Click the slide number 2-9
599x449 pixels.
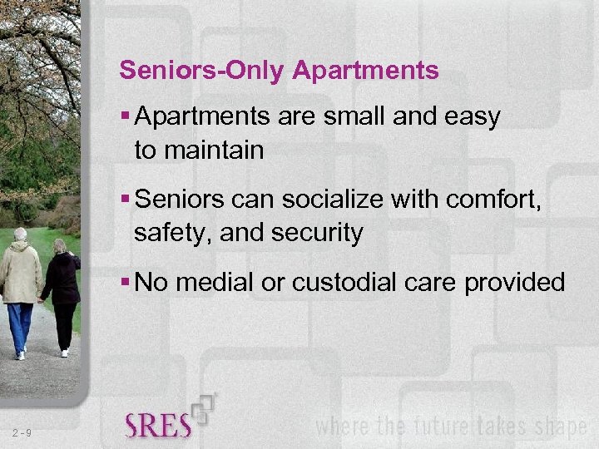click(22, 432)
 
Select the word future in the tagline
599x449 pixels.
click(437, 427)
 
